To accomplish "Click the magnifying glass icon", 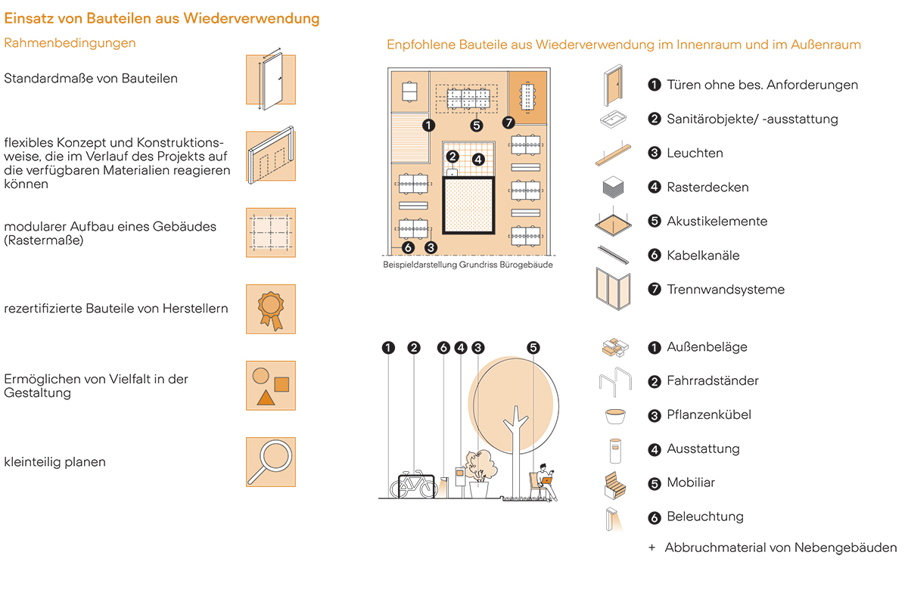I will tap(269, 461).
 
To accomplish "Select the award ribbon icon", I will tap(270, 309).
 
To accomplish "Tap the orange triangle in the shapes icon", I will tap(264, 398).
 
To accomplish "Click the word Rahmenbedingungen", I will tap(70, 43).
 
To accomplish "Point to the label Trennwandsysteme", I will tap(725, 290).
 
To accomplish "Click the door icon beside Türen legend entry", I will tap(612, 85).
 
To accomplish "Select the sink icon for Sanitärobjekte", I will tap(613, 119).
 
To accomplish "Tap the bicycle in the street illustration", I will tap(413, 485).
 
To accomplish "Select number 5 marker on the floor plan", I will tap(476, 126).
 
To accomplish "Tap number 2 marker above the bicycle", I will tap(413, 348).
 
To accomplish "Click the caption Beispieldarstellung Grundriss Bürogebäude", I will tap(468, 265).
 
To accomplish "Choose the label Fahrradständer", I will tap(712, 381).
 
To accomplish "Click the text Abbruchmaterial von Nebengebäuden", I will tap(780, 548).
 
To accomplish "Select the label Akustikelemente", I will tap(717, 222).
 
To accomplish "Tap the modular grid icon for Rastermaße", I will tap(270, 232).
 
